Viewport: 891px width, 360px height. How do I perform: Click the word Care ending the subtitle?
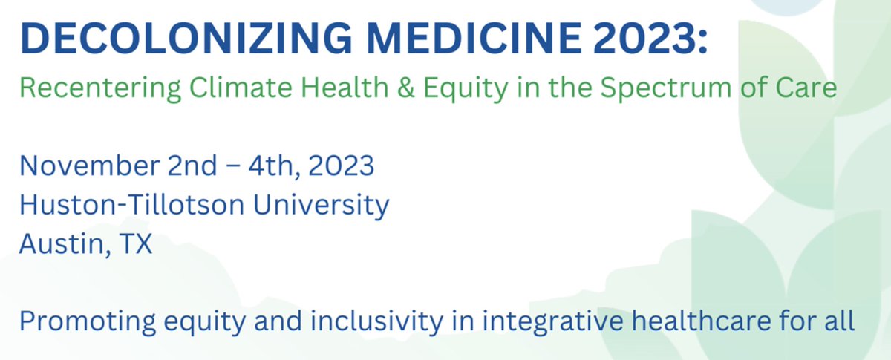coord(805,89)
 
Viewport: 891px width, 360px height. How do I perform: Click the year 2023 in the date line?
coord(339,165)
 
